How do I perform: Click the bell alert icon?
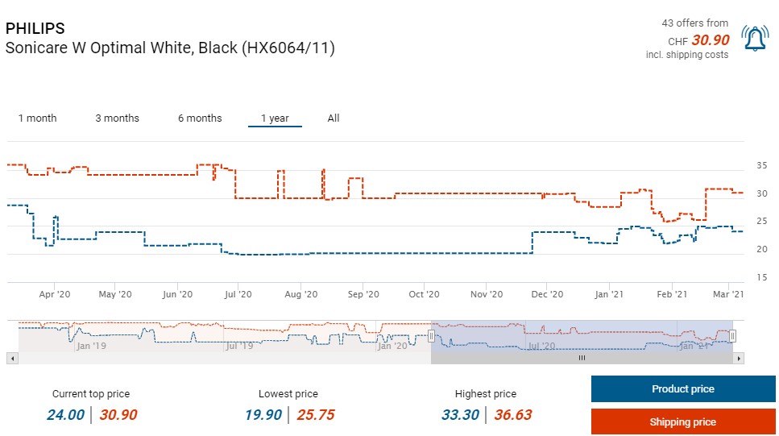(756, 38)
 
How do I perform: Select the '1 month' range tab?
(37, 118)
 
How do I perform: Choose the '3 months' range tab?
(117, 118)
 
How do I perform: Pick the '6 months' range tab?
(200, 118)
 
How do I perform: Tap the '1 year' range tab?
(275, 118)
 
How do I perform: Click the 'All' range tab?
(334, 118)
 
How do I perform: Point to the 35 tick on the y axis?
(761, 166)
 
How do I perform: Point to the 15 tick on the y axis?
(761, 277)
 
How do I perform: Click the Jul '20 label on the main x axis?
(238, 295)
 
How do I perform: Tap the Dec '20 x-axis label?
(547, 295)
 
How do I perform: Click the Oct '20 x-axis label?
(424, 295)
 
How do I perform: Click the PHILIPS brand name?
(35, 29)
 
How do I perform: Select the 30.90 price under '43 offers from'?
(711, 40)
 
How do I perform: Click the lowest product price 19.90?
(264, 415)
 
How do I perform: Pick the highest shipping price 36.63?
(512, 415)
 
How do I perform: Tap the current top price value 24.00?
(65, 415)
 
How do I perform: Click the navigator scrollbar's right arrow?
(739, 358)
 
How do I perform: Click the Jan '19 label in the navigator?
(91, 346)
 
